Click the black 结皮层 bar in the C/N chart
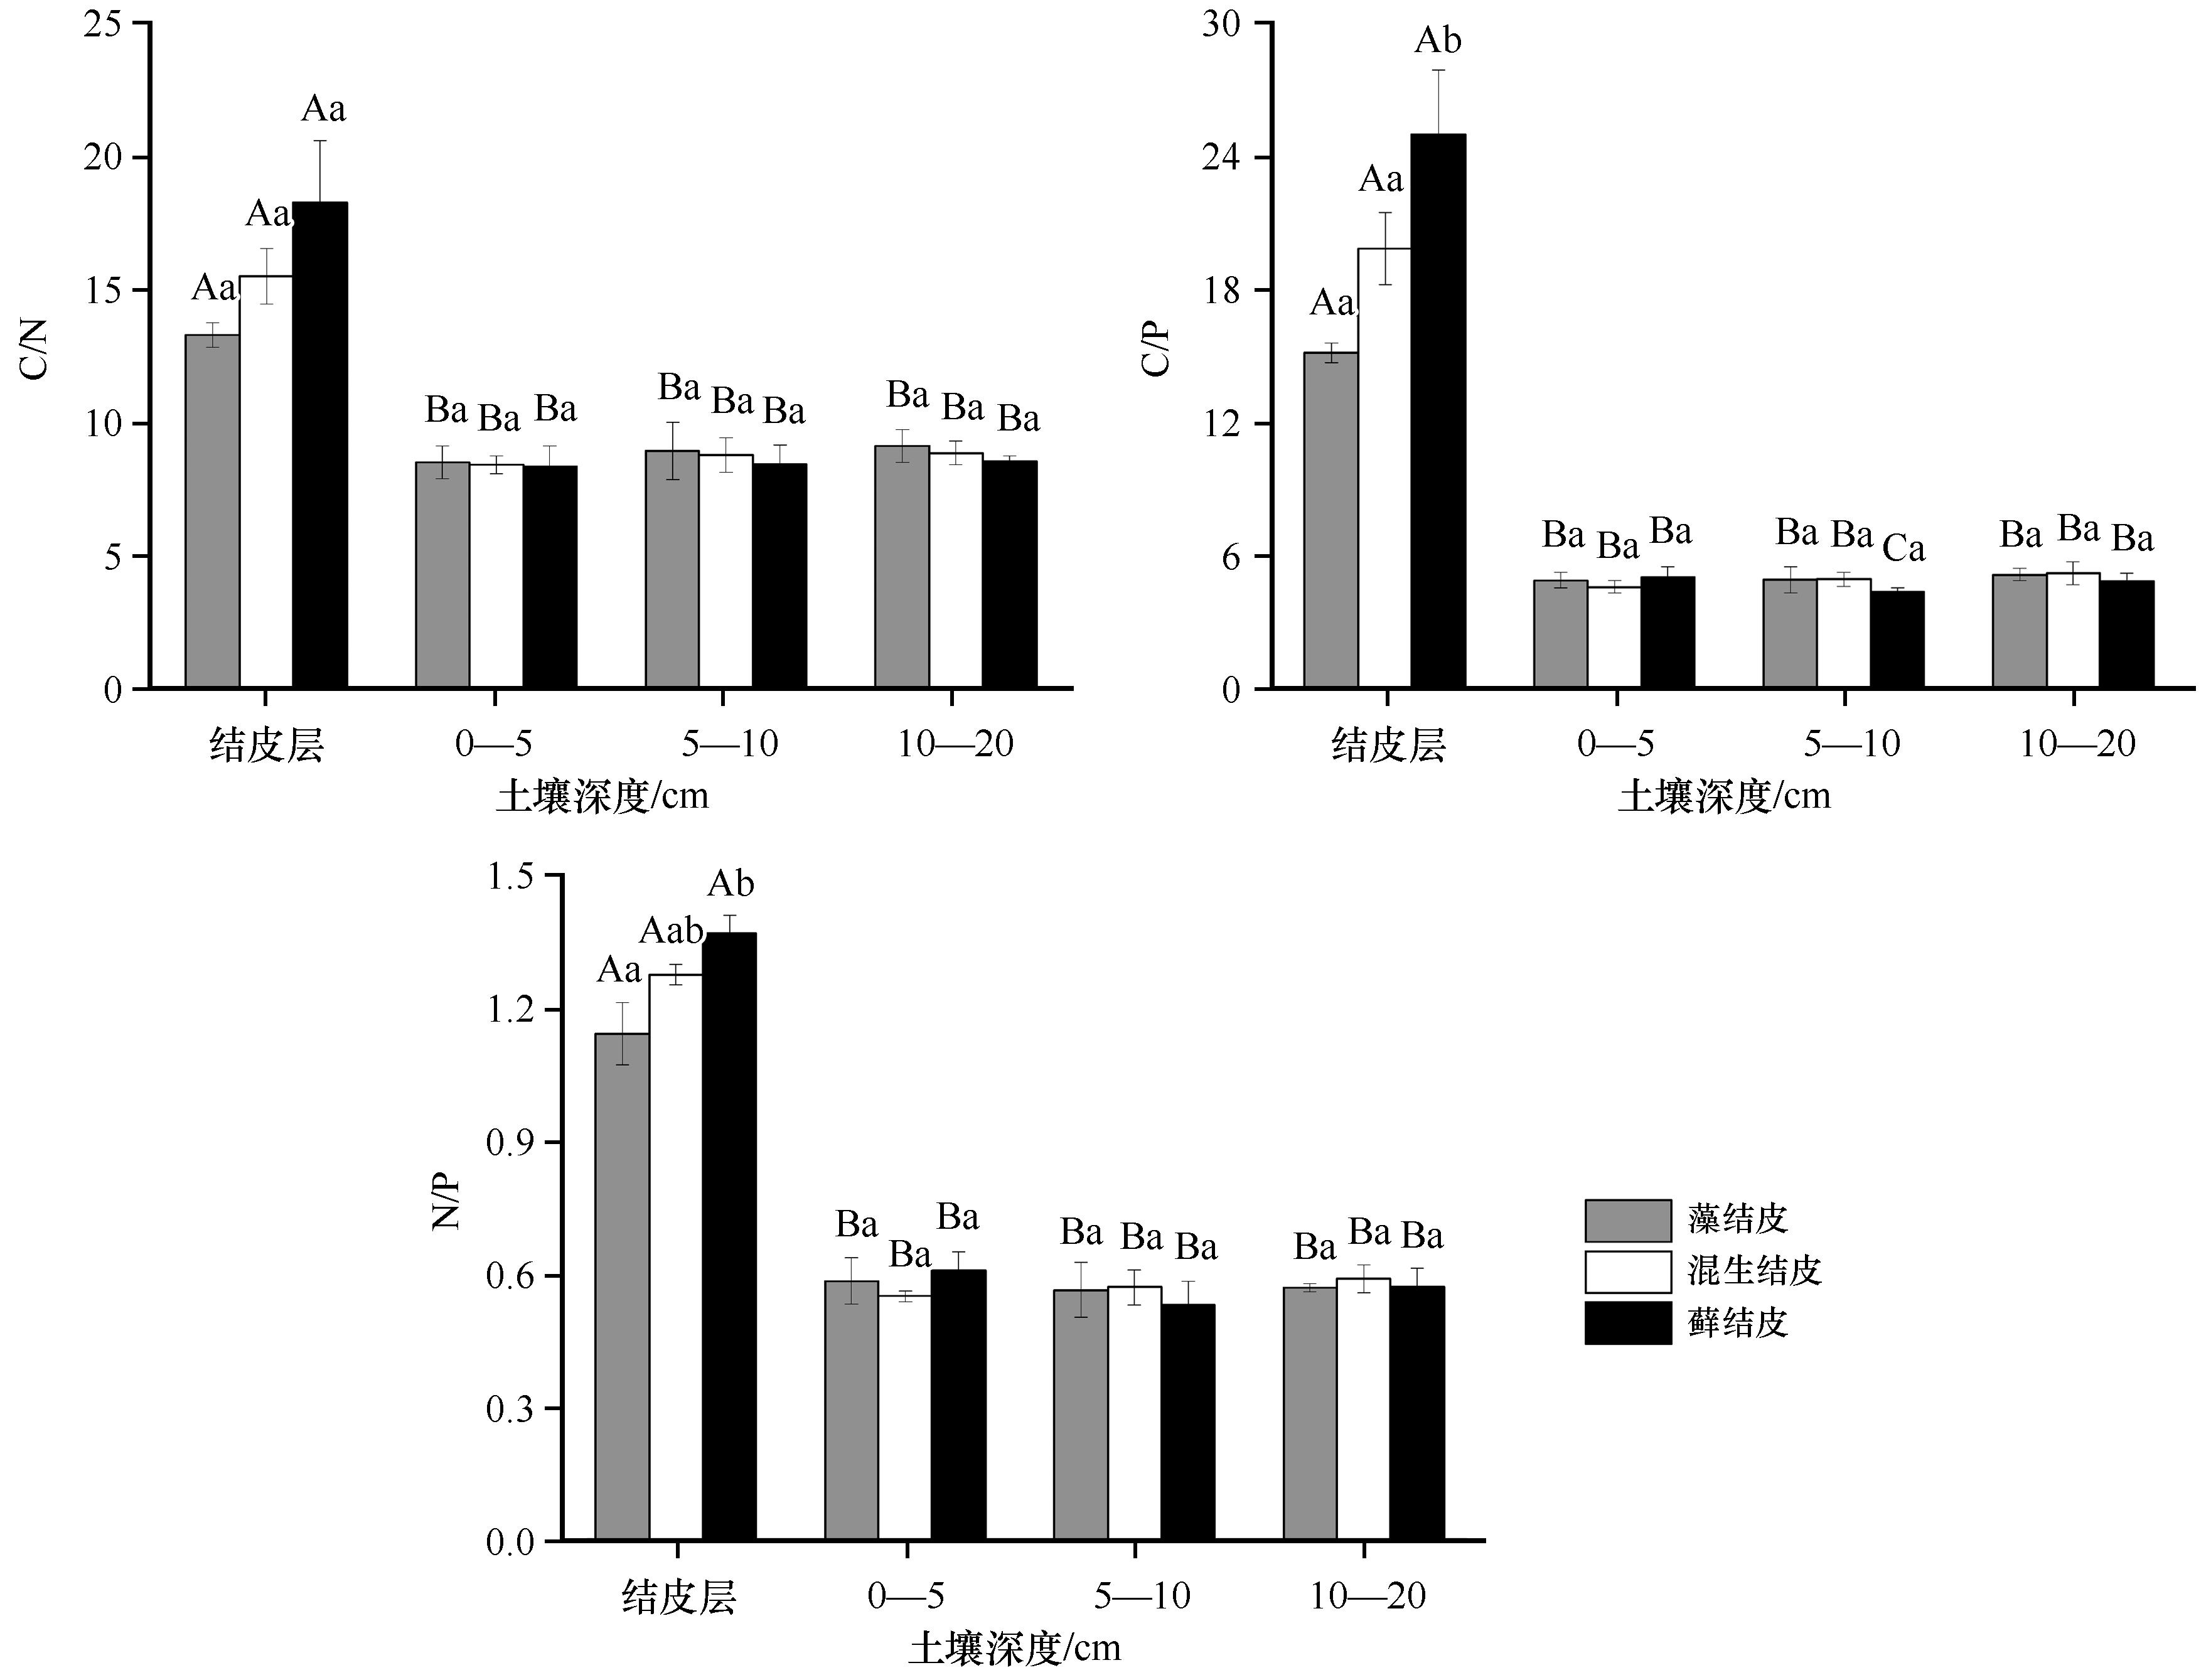tap(320, 445)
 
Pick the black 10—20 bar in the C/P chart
tap(2126, 634)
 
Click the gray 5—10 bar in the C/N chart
tap(672, 570)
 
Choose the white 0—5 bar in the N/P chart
tap(904, 1418)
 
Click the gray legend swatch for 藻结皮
tap(1627, 1220)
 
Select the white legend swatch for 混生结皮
tap(1627, 1271)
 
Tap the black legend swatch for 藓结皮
tap(1627, 1322)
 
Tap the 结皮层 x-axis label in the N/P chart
tap(678, 1597)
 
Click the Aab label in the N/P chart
tap(672, 931)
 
